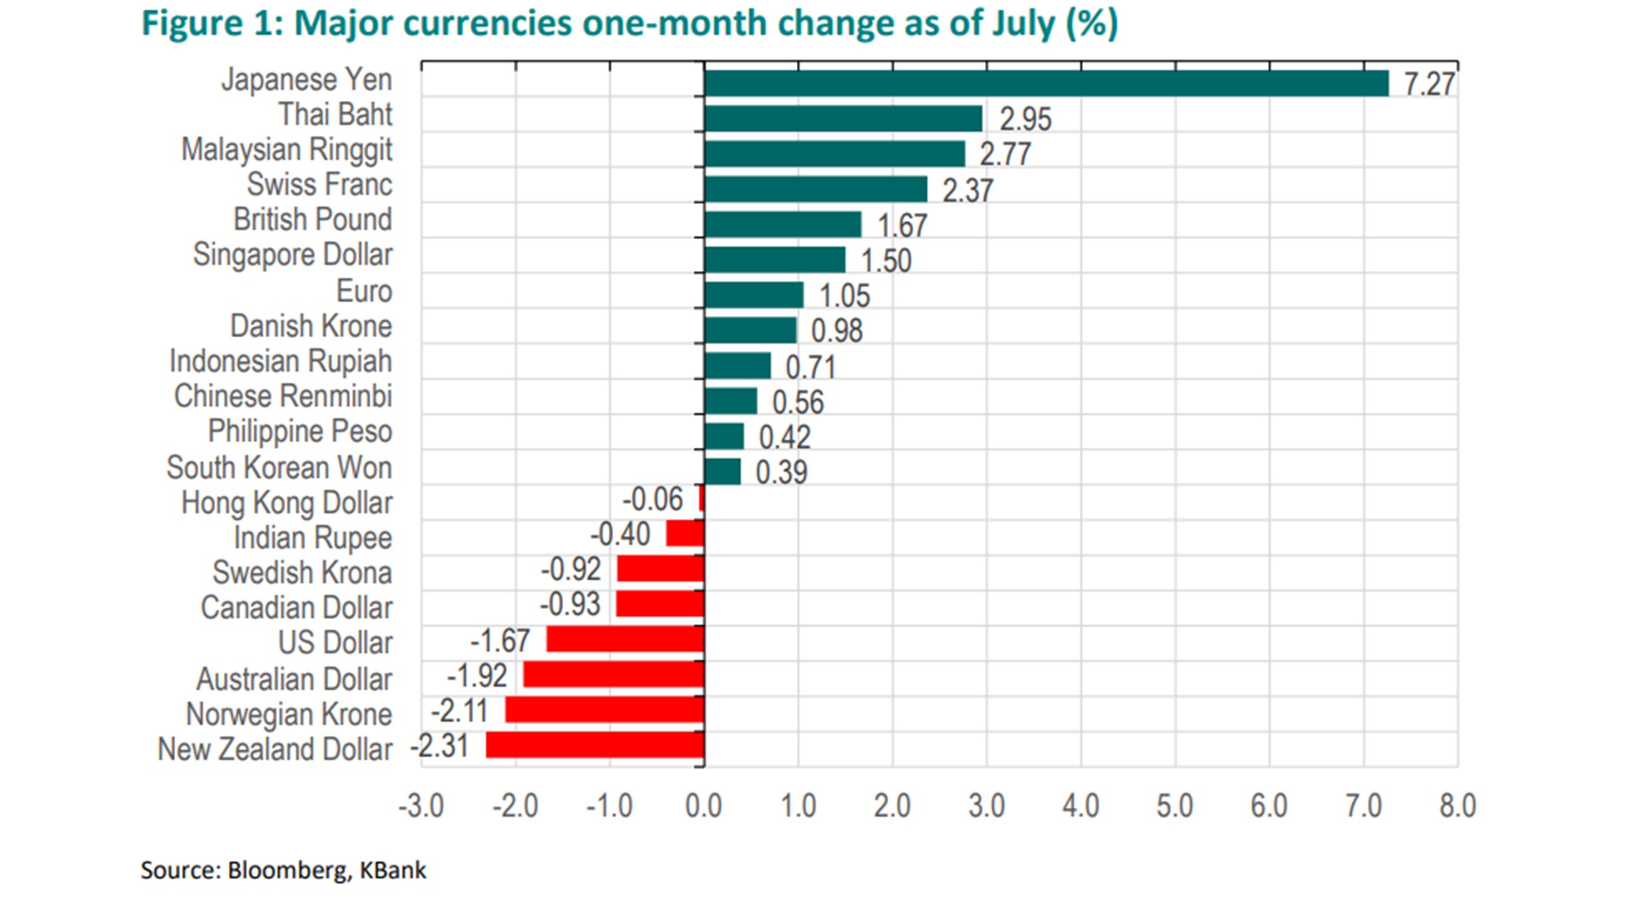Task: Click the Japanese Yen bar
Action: (x=1046, y=83)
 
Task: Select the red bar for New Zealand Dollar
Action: (x=595, y=745)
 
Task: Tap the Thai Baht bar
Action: (x=843, y=119)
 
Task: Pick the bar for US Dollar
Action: (x=625, y=639)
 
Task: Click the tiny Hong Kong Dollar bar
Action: (x=702, y=499)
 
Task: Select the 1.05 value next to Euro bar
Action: (x=844, y=296)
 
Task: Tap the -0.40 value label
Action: (x=620, y=534)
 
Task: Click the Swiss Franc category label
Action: (x=320, y=184)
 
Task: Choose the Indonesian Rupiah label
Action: (x=280, y=361)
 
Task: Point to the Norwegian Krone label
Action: (x=289, y=714)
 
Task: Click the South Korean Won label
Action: (x=279, y=467)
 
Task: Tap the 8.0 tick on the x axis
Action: (x=1457, y=806)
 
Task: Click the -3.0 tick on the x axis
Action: (x=421, y=806)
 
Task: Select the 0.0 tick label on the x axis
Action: (x=703, y=806)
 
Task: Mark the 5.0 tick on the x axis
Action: (x=1174, y=806)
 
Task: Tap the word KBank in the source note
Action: (x=393, y=870)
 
